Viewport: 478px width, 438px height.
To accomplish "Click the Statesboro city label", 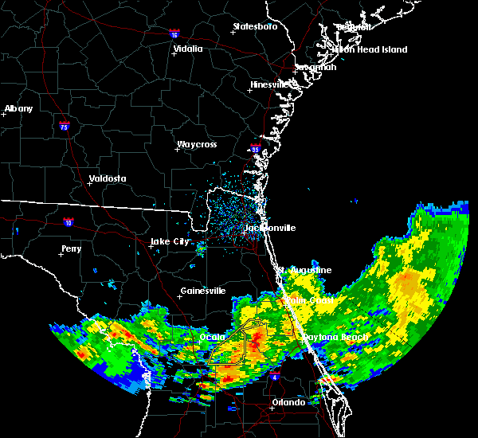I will click(255, 27).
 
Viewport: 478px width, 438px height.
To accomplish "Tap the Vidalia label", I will click(187, 49).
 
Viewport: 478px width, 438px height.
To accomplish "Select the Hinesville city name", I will click(272, 84).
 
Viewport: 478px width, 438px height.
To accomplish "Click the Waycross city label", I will click(197, 145).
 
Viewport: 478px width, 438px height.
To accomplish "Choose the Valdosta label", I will click(107, 178).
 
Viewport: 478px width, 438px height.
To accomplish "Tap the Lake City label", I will click(170, 241).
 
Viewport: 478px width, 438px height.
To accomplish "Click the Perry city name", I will click(71, 249).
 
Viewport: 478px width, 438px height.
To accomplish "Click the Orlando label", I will click(288, 402).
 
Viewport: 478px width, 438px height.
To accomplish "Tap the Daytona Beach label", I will click(335, 338).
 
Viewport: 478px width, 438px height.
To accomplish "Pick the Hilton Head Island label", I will click(370, 49).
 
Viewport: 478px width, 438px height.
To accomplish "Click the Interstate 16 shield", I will click(174, 35).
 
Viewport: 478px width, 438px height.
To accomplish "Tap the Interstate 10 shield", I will click(69, 222).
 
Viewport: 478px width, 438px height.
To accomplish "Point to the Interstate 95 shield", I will click(256, 148).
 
